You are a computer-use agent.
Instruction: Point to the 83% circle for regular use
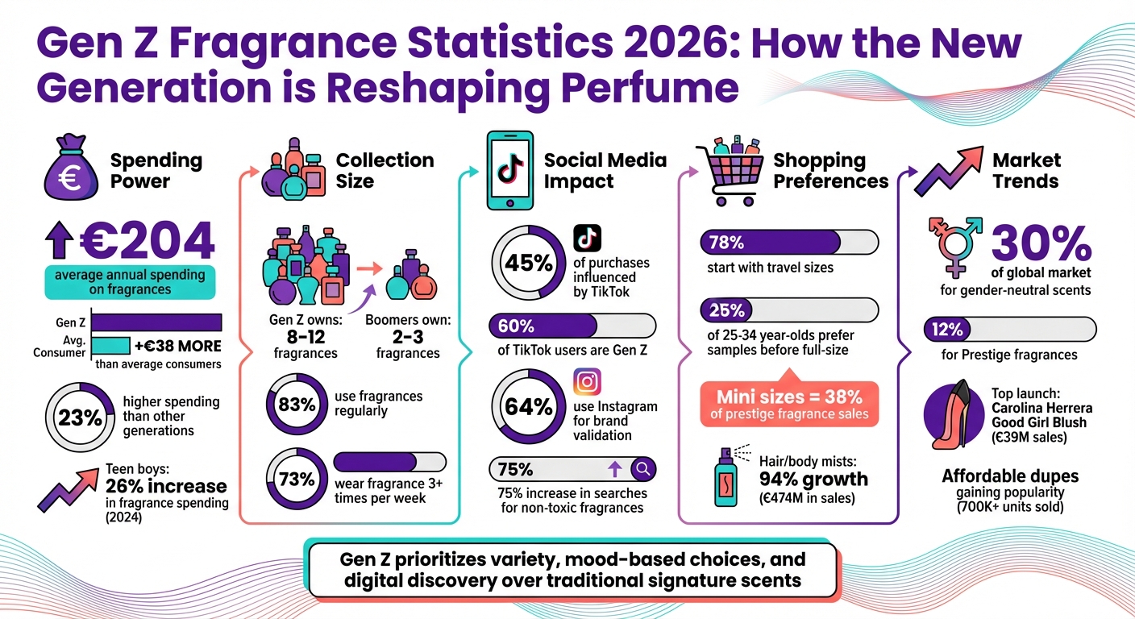click(295, 404)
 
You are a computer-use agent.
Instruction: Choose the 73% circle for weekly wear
click(295, 480)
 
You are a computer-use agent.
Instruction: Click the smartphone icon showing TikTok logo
click(509, 170)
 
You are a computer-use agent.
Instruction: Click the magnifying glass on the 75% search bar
click(642, 469)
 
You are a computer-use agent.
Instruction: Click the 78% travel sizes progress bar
click(789, 242)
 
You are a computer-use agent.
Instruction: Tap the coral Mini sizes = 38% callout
click(789, 403)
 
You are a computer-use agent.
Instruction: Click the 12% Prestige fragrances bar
click(1008, 329)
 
